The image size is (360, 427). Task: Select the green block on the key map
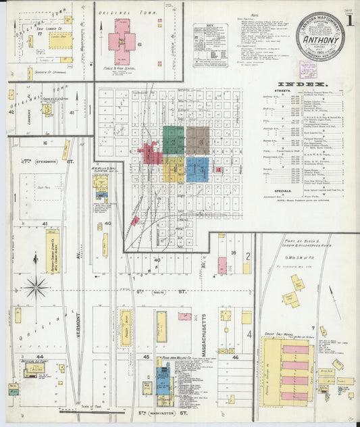(x=173, y=140)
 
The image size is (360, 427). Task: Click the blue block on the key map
(x=197, y=170)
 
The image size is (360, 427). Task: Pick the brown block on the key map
(x=198, y=141)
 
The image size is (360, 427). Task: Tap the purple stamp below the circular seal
(x=308, y=69)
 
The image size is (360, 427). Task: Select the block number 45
(x=145, y=356)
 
